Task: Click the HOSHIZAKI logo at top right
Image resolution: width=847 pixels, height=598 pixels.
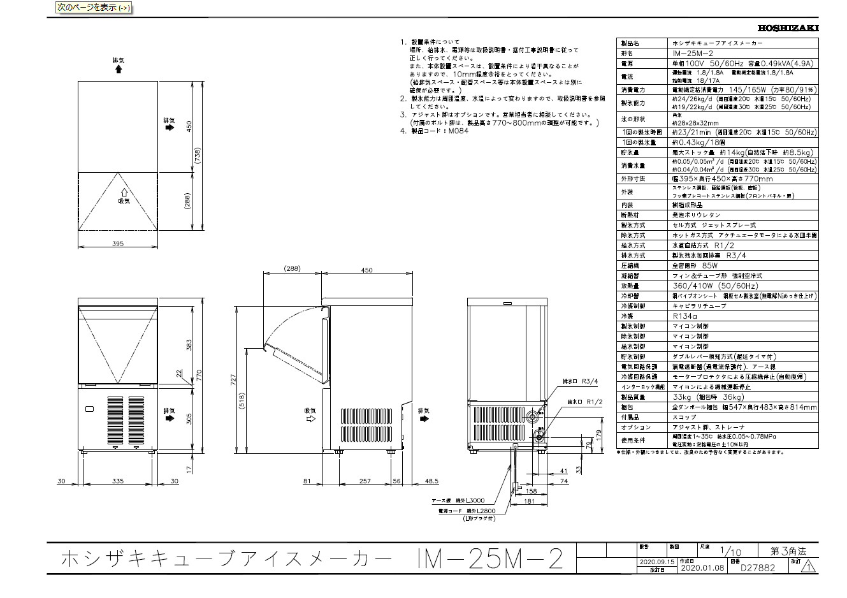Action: (x=788, y=27)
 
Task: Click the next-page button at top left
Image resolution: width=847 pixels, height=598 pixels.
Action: (x=93, y=8)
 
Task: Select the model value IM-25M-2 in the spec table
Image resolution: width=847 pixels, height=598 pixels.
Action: (x=693, y=54)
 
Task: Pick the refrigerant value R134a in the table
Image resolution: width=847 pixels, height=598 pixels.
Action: (x=685, y=316)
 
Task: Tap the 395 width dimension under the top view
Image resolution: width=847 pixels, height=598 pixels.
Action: (x=117, y=243)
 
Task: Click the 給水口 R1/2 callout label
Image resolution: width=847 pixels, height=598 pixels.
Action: (x=584, y=402)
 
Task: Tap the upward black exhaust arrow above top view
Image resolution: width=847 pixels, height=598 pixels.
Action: (x=118, y=69)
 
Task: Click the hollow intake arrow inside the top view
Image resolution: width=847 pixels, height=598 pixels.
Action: (x=124, y=191)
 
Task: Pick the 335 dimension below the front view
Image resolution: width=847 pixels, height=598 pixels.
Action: (x=117, y=481)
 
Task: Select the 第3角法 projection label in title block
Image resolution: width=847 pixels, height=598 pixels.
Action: (x=788, y=551)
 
